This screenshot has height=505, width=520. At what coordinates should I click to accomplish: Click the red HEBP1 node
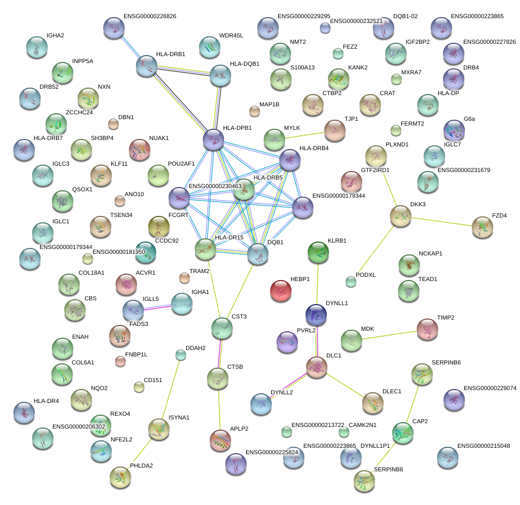[281, 291]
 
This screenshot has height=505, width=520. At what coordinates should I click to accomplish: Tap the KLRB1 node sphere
[318, 252]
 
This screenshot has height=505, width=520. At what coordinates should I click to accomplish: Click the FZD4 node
[483, 227]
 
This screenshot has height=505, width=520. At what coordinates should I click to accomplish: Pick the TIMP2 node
[427, 329]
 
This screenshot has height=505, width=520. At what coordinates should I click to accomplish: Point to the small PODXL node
[350, 281]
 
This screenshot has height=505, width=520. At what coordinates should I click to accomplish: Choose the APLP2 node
[221, 440]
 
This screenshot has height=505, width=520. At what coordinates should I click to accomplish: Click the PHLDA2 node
[120, 477]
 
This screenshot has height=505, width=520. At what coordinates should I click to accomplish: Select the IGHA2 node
[36, 48]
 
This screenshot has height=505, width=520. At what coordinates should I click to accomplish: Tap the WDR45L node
[209, 47]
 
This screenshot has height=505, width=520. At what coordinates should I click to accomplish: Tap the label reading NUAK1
[159, 138]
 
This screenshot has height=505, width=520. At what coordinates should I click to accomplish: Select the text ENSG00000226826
[149, 17]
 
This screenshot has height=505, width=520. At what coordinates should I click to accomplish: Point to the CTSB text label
[235, 367]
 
